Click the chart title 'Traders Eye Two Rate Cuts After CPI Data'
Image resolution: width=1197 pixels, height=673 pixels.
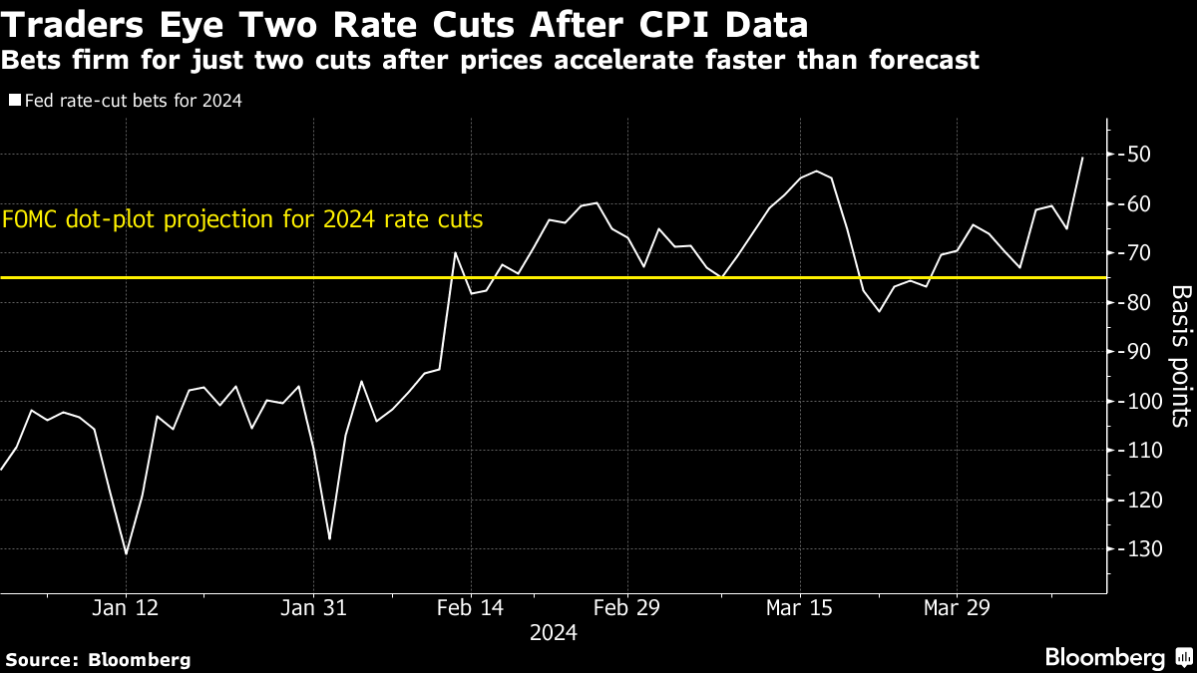pos(405,24)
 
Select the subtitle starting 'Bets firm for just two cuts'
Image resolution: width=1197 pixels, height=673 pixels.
pos(490,60)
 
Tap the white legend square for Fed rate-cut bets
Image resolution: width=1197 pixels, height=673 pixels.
pos(14,101)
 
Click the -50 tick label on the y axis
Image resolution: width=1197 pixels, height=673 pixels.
pos(1137,155)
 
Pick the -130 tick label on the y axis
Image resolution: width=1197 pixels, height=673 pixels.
pos(1137,549)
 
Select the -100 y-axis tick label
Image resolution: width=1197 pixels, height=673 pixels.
pos(1137,401)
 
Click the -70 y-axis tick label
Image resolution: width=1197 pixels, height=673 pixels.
pos(1137,253)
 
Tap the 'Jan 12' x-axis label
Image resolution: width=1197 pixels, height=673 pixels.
pos(127,607)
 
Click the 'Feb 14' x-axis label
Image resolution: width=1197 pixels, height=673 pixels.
pos(470,607)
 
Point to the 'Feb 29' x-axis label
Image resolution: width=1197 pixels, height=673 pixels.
pos(626,607)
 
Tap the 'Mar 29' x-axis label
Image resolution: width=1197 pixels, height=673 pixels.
pos(957,607)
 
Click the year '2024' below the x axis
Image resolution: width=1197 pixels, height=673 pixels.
pos(553,633)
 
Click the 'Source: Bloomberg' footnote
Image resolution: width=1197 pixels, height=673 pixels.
pos(98,659)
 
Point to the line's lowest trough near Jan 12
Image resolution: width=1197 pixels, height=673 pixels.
pos(126,553)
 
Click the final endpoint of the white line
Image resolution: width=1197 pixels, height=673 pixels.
pos(1082,158)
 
